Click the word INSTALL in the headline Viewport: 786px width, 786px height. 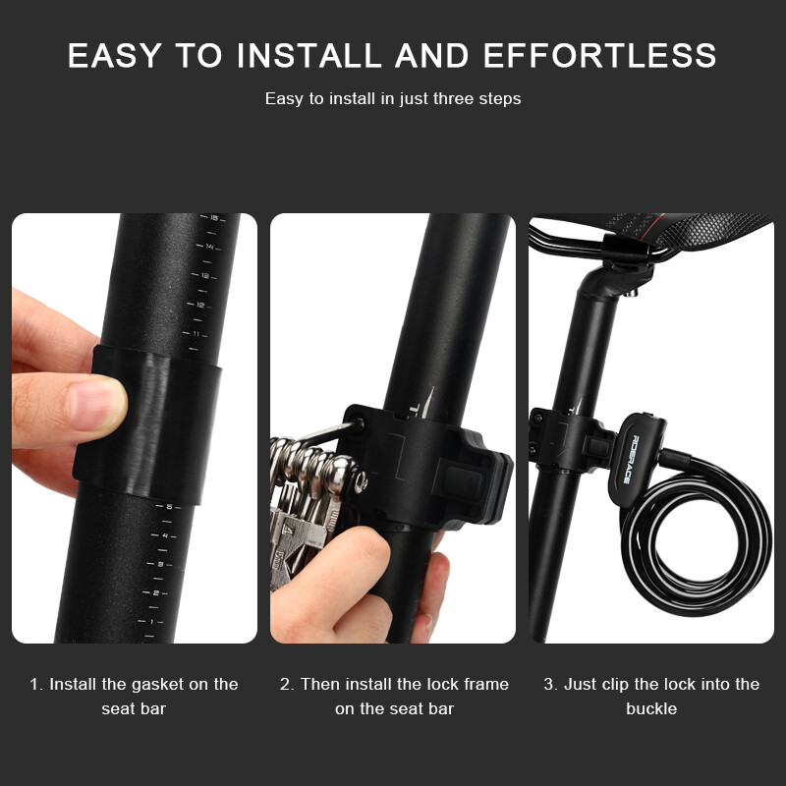[x=309, y=55]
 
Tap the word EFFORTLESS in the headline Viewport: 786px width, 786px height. [x=600, y=55]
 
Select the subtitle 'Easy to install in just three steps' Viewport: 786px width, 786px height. [x=393, y=98]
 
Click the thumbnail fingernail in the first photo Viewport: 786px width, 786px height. [x=97, y=402]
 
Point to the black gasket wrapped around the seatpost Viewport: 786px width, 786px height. [x=148, y=424]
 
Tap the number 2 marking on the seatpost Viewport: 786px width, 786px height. [x=156, y=593]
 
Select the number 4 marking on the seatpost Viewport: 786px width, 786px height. [x=165, y=535]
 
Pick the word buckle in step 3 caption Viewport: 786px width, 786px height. [x=651, y=708]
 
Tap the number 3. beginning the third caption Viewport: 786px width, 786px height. [x=551, y=684]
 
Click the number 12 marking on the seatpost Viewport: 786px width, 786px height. [x=200, y=305]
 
